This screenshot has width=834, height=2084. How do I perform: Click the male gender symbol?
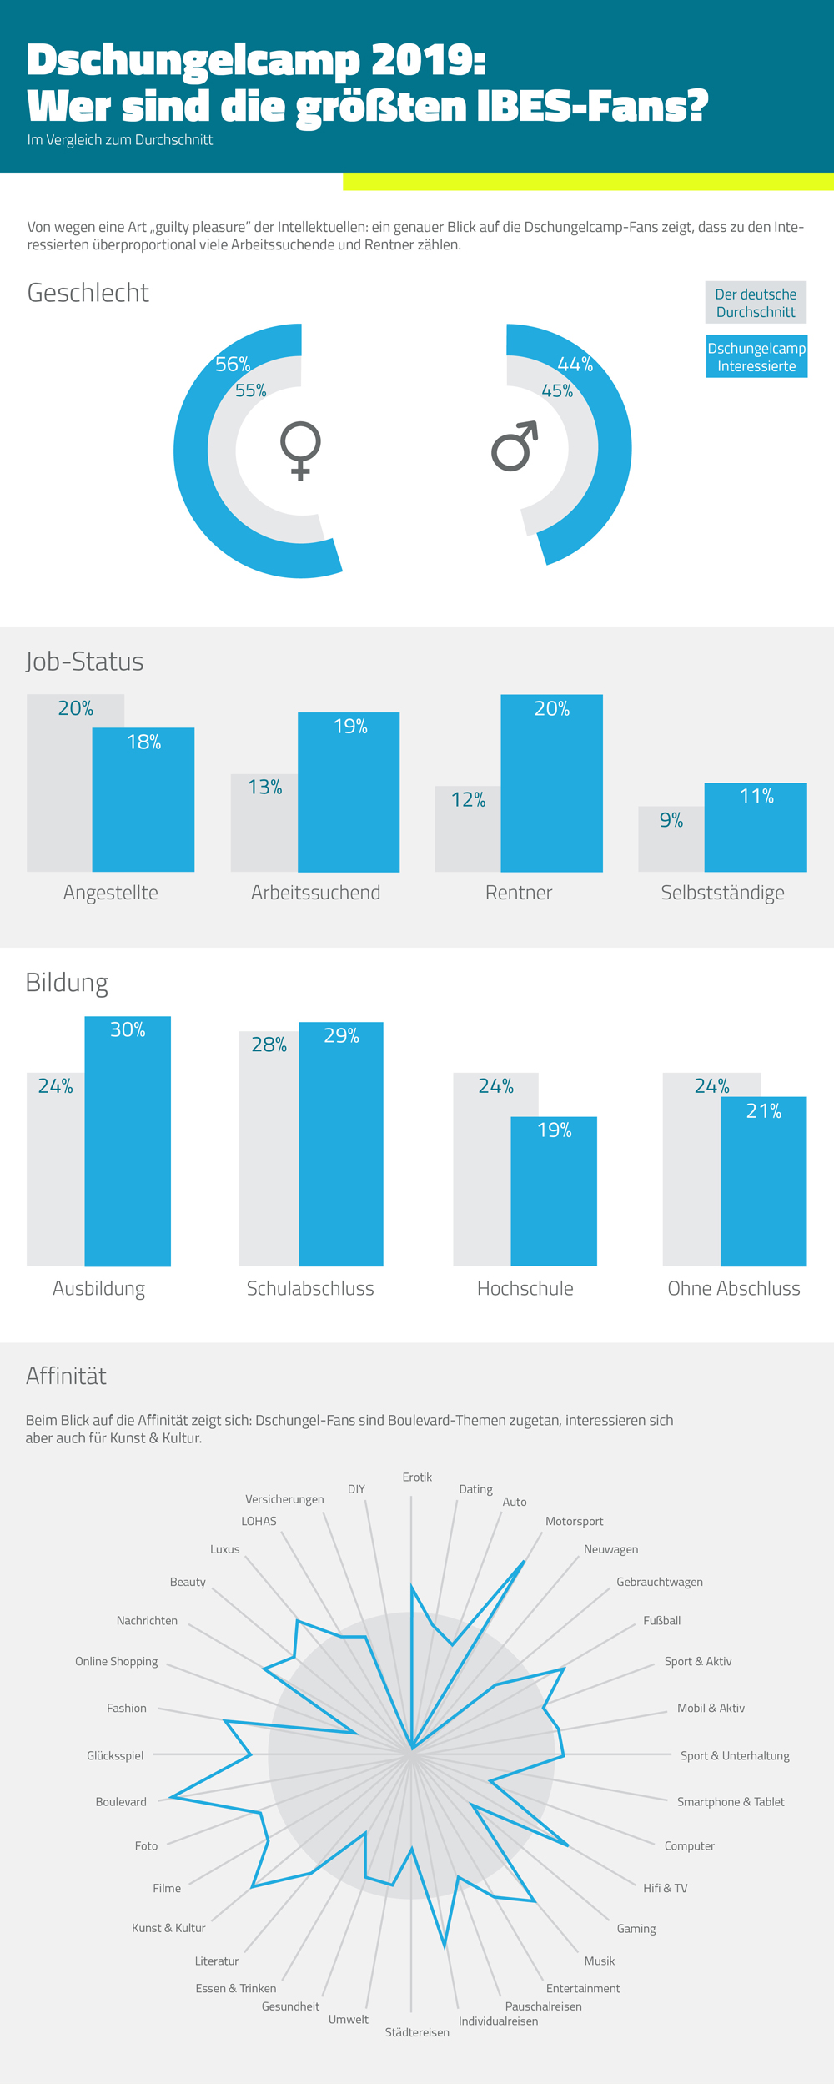click(x=514, y=446)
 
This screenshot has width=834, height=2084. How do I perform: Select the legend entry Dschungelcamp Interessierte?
click(x=756, y=357)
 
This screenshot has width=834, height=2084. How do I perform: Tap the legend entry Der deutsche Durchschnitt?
click(x=756, y=303)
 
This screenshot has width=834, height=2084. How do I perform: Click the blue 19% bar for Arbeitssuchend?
click(x=349, y=793)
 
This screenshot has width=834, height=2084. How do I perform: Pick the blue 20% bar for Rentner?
click(x=551, y=783)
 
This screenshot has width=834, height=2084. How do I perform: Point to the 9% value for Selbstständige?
click(x=671, y=820)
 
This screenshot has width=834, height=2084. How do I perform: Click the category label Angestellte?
click(x=111, y=893)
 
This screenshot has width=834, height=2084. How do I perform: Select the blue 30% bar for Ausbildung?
click(x=128, y=1141)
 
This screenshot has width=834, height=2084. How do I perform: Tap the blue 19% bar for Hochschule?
click(x=554, y=1191)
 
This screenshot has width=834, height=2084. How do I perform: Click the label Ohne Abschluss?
click(x=734, y=1288)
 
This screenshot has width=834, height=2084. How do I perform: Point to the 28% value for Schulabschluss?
click(x=269, y=1045)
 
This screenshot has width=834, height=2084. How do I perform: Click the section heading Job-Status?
click(x=84, y=662)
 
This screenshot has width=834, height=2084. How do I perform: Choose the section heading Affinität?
click(x=66, y=1376)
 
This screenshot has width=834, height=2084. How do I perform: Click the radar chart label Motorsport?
click(x=574, y=1521)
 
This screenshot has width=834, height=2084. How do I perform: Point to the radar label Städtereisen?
click(x=417, y=2032)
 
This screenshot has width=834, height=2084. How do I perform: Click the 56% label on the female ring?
click(x=233, y=365)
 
